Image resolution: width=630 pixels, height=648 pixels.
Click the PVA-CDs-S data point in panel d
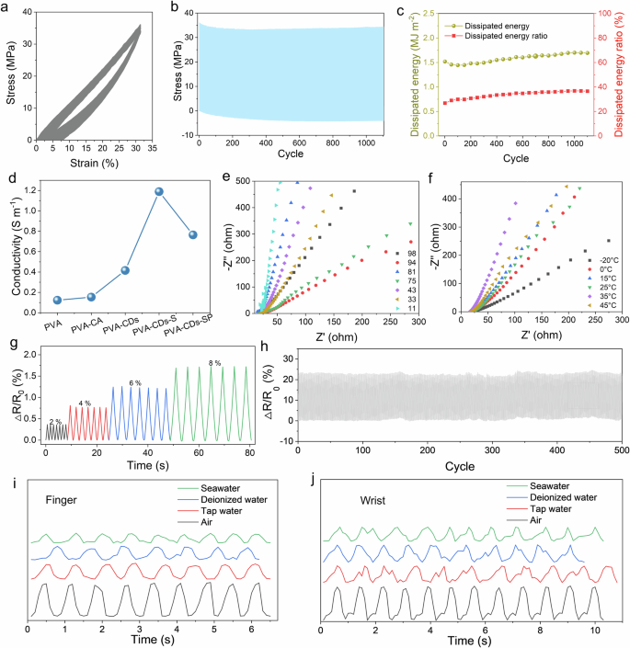[159, 192]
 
